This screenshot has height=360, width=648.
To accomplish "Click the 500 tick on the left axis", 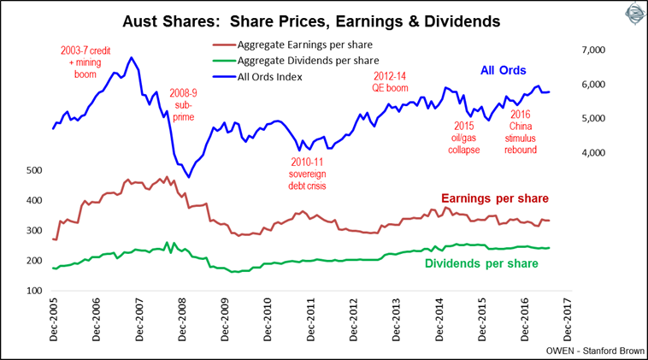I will coord(33,171).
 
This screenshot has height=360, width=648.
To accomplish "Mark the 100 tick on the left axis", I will coord(33,291).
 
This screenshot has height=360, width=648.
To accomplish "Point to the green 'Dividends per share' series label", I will coord(480,263).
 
